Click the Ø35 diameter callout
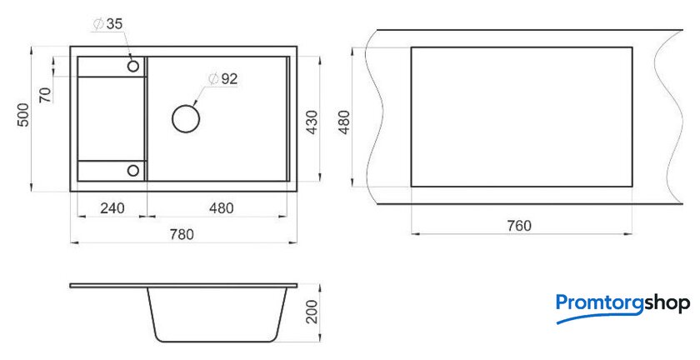[107, 24]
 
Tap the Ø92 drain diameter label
[222, 79]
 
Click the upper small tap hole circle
[133, 67]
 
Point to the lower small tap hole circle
[133, 170]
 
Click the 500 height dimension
[23, 115]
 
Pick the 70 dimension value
[45, 95]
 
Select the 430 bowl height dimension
[312, 122]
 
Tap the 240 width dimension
[112, 208]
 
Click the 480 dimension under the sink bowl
[222, 208]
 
